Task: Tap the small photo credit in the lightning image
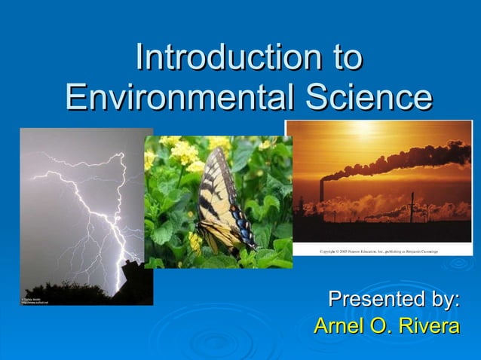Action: [x=35, y=301]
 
